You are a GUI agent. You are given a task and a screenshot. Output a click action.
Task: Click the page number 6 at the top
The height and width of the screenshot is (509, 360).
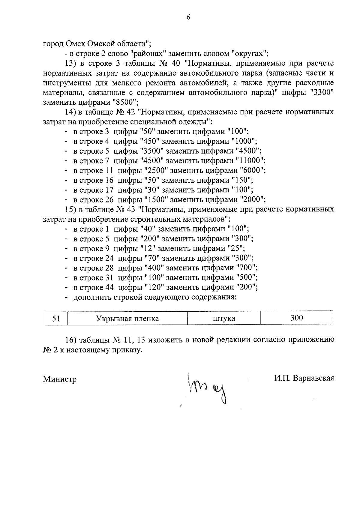188,17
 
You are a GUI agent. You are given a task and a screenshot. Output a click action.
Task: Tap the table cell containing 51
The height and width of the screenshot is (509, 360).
56,318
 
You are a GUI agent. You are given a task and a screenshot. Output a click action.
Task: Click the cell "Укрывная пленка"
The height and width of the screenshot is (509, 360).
127,318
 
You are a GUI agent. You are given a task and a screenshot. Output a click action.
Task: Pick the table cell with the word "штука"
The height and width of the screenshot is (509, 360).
223,318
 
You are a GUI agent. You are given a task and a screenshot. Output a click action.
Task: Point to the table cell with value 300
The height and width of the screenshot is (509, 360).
296,318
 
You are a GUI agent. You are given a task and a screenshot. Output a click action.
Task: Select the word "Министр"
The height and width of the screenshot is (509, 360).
60,379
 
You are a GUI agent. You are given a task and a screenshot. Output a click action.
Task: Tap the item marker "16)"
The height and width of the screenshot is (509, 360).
71,340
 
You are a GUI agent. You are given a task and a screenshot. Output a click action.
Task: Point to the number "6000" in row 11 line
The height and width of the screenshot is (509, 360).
252,170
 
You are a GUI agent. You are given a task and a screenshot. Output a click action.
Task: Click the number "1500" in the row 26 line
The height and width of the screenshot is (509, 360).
155,199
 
